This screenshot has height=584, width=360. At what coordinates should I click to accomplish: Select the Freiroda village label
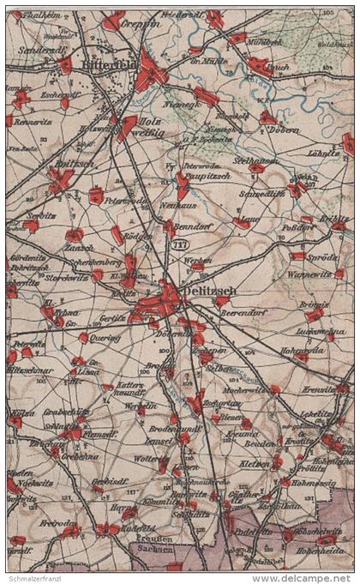[x=56, y=522]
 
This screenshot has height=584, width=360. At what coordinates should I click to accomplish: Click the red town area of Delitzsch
[x=163, y=301]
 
